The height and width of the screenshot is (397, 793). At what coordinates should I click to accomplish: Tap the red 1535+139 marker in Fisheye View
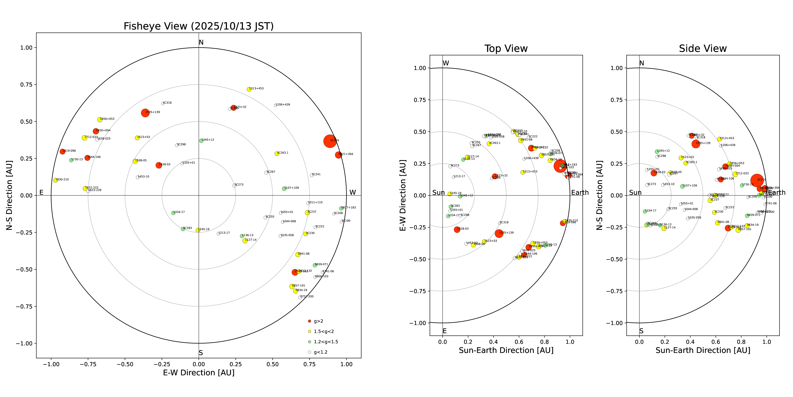tap(145, 113)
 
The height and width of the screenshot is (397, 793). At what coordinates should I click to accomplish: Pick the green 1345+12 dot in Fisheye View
tap(201, 141)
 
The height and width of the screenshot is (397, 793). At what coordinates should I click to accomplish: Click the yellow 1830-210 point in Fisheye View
tap(55, 180)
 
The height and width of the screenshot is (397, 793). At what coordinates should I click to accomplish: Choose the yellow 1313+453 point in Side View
tap(719, 139)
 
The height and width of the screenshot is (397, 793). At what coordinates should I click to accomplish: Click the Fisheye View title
tap(199, 26)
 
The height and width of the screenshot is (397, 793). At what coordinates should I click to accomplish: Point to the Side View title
tap(703, 49)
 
